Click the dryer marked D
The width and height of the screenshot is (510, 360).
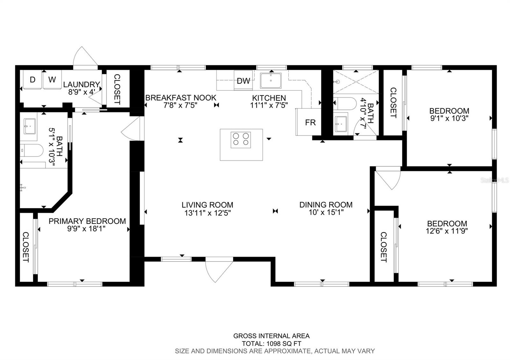32,79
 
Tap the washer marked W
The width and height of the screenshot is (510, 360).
52,79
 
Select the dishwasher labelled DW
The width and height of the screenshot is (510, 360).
243,80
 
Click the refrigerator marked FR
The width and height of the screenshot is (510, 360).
309,122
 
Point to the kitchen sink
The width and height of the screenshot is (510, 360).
271,80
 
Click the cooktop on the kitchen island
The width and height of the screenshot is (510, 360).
241,140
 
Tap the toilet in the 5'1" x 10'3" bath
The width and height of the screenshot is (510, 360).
32,150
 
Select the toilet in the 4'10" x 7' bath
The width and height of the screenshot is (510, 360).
345,104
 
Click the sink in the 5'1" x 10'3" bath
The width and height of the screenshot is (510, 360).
30,126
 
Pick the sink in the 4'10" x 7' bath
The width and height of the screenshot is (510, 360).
341,124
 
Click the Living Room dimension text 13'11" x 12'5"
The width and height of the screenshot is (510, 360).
208,213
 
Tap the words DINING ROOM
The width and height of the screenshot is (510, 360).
326,205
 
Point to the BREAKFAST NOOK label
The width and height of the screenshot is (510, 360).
181,97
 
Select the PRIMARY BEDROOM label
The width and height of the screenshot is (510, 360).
87,221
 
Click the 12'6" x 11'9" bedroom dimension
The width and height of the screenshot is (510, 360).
447,231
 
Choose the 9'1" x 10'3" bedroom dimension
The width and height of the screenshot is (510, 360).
449,118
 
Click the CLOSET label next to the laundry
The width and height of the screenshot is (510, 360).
117,89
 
